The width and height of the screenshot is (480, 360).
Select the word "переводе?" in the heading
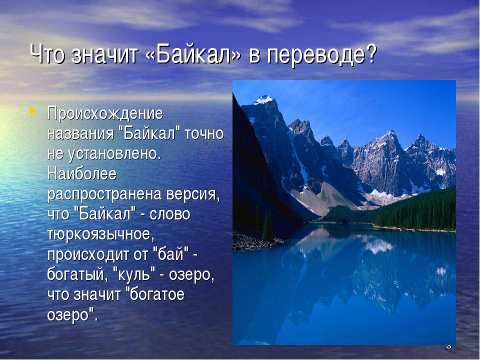[321, 55]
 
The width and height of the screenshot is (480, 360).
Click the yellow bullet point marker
[32, 110]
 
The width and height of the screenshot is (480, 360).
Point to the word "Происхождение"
[105, 114]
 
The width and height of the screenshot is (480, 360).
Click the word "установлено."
[114, 153]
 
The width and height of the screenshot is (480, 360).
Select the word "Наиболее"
[81, 174]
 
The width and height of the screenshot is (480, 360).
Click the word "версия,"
[193, 194]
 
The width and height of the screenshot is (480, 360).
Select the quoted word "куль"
[134, 274]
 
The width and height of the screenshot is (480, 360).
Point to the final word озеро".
[72, 315]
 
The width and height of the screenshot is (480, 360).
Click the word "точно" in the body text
[204, 134]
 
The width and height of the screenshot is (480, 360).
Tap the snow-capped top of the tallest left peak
[263, 99]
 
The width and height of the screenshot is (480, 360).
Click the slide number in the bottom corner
[448, 346]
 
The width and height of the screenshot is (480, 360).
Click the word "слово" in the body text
[170, 214]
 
